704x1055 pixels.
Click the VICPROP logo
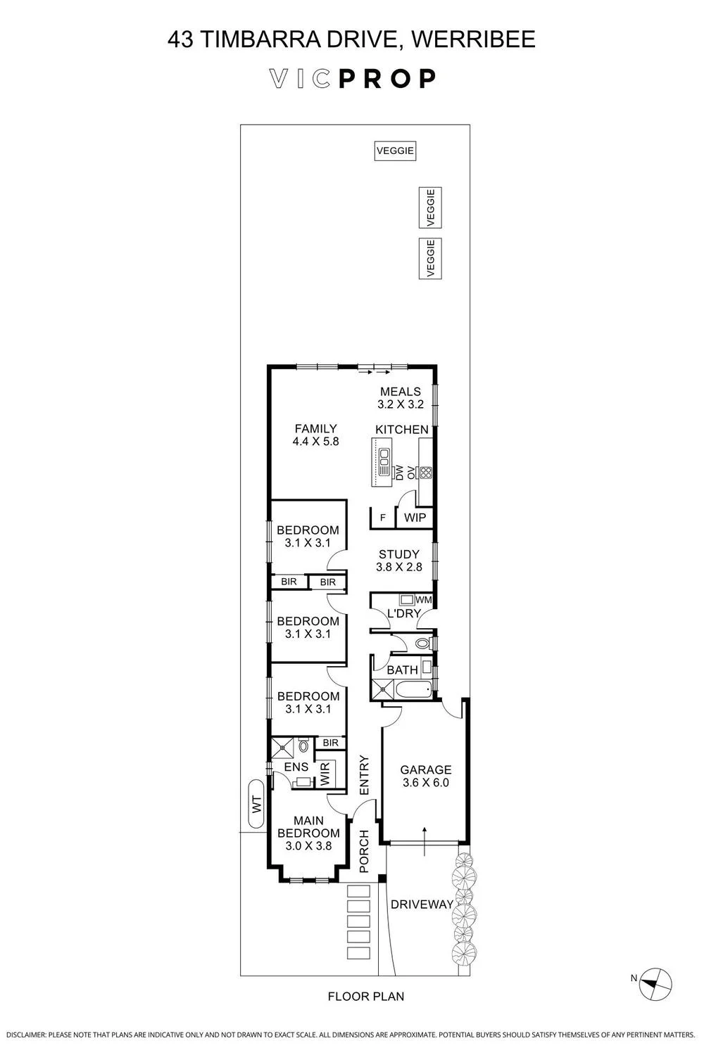pyautogui.click(x=352, y=79)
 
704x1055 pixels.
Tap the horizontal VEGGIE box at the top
pyautogui.click(x=395, y=151)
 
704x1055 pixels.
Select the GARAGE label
pyautogui.click(x=426, y=769)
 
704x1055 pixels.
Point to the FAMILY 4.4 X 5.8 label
pyautogui.click(x=316, y=435)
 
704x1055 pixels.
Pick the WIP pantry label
pyautogui.click(x=415, y=517)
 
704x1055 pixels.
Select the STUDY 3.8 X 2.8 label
pyautogui.click(x=399, y=561)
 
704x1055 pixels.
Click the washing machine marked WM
pyautogui.click(x=406, y=599)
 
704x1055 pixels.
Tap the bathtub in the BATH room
pyautogui.click(x=413, y=691)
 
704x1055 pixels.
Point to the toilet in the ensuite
pyautogui.click(x=303, y=746)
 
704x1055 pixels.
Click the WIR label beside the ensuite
pyautogui.click(x=325, y=774)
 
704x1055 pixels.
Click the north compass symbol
pyautogui.click(x=655, y=985)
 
